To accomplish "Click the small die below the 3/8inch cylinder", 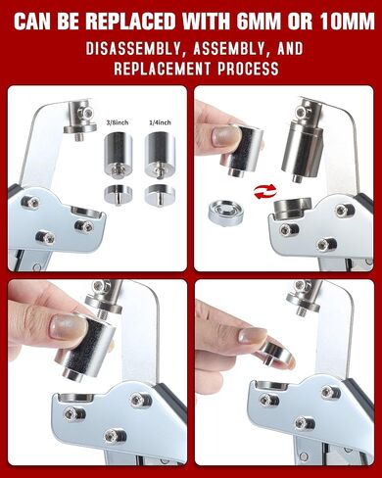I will click(115, 193).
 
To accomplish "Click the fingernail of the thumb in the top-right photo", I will click(223, 136).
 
